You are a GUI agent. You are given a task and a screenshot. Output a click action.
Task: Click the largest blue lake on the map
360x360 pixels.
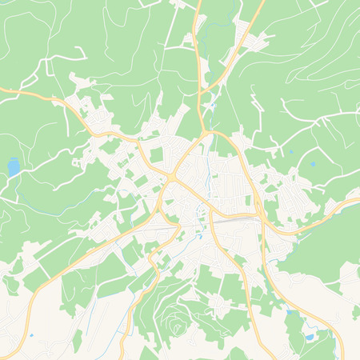click(14, 166)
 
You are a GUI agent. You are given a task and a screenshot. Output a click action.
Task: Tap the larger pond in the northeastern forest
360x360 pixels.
click(313, 164)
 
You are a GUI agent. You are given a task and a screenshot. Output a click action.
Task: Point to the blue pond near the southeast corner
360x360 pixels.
click(310, 337)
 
